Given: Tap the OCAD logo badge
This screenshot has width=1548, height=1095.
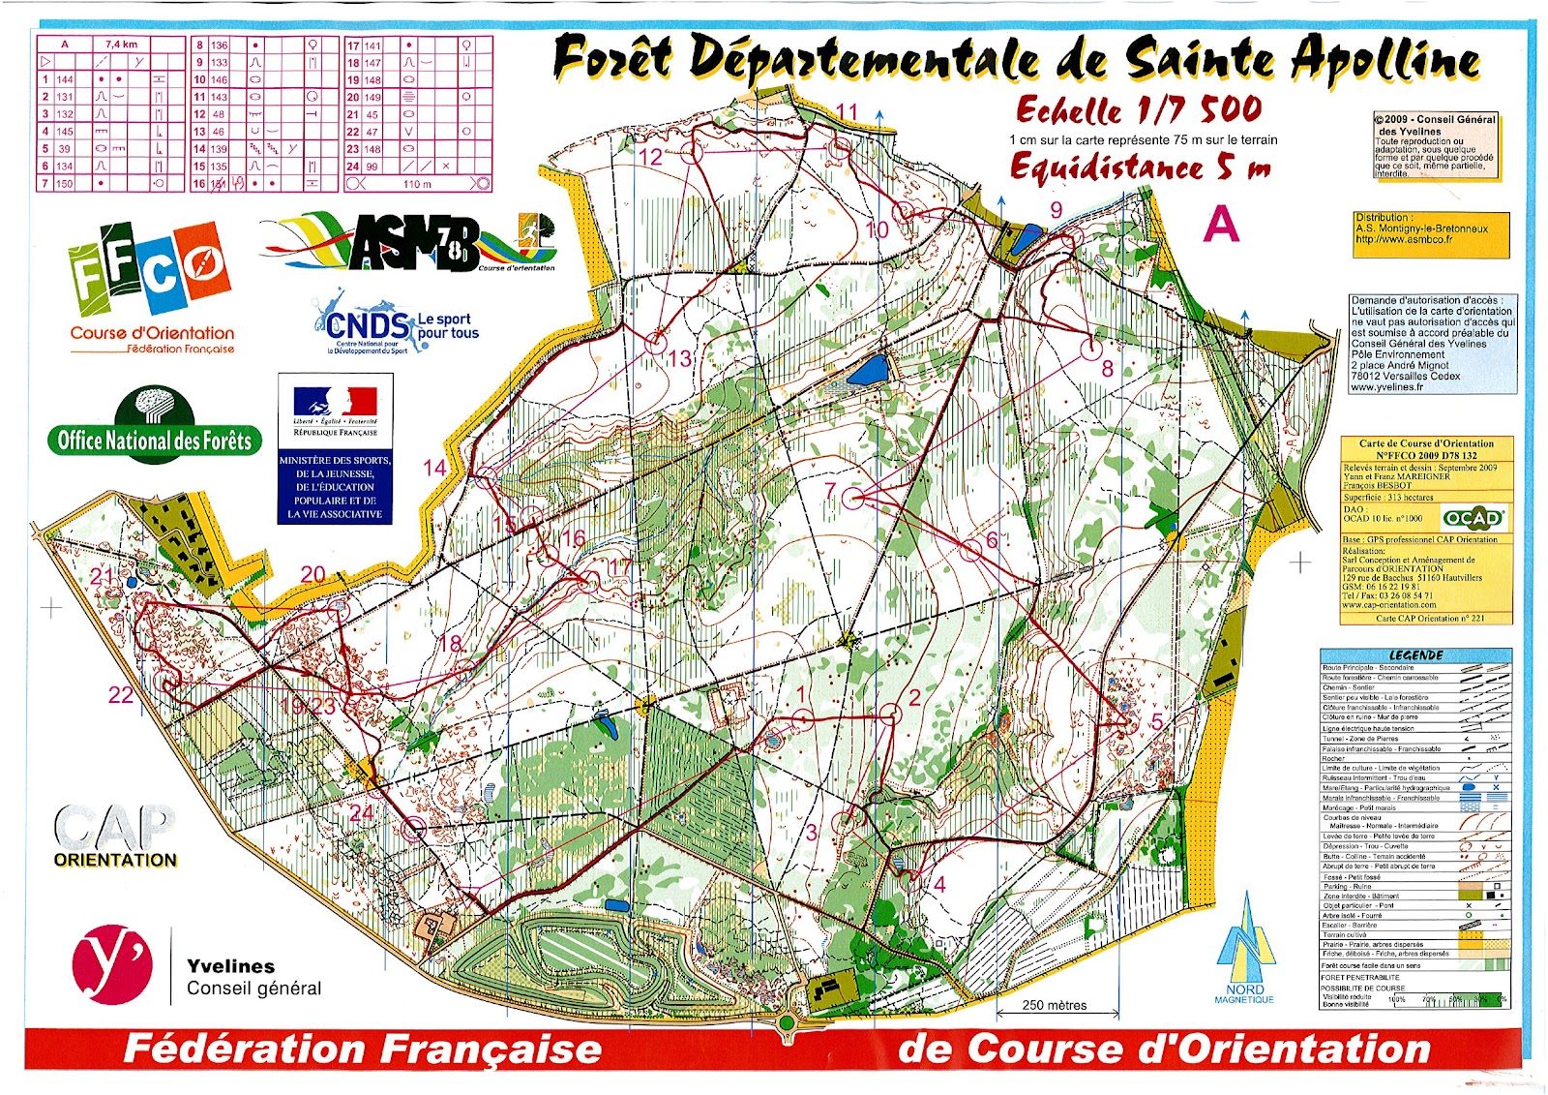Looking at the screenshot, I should pyautogui.click(x=1474, y=518).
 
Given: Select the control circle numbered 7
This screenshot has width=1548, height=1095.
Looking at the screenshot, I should pyautogui.click(x=853, y=499).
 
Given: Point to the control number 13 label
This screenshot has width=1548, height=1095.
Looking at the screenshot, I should pyautogui.click(x=680, y=358).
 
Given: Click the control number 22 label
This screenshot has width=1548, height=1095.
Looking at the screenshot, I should pyautogui.click(x=121, y=694).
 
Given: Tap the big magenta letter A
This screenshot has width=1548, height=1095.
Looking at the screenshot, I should pyautogui.click(x=1221, y=225).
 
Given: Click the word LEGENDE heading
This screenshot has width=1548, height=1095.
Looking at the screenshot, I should pyautogui.click(x=1415, y=655).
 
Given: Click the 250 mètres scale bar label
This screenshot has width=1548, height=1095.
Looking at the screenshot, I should pyautogui.click(x=1055, y=1005).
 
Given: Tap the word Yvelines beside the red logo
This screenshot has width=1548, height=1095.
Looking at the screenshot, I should pyautogui.click(x=230, y=966).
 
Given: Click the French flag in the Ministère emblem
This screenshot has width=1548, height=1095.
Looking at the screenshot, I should pyautogui.click(x=336, y=400).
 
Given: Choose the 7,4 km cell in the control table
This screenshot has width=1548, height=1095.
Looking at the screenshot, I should pyautogui.click(x=122, y=45).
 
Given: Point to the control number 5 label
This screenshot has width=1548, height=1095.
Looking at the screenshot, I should pyautogui.click(x=1157, y=722).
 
